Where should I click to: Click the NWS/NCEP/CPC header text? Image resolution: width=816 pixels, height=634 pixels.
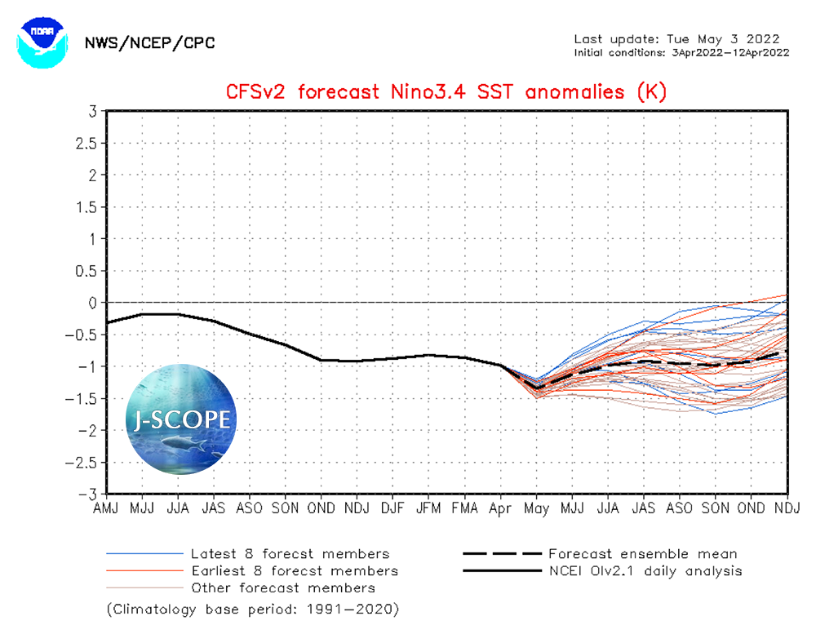pos(150,43)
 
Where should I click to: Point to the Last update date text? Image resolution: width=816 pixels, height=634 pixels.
pos(676,39)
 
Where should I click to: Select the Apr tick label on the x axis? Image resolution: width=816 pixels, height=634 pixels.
pos(500,508)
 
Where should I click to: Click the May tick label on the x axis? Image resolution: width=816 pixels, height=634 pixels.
pos(536,508)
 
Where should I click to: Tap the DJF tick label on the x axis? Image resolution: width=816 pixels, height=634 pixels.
pos(392,508)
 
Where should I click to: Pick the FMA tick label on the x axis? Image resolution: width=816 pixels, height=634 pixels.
pos(464,508)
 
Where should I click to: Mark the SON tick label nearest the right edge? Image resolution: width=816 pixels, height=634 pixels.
pos(716,508)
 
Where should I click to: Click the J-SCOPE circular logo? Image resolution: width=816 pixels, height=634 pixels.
pos(181,419)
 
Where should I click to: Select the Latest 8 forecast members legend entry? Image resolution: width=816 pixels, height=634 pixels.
pos(289,554)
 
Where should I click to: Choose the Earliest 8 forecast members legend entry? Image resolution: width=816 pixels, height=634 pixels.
pos(294,571)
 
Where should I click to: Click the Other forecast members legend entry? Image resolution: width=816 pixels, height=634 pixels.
pos(282,587)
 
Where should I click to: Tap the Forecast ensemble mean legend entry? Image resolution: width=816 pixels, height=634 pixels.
pos(642,554)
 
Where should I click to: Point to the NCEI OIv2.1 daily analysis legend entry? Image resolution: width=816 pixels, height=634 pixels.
pos(645,571)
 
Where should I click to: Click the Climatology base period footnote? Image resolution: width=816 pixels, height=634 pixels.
pos(252,610)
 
